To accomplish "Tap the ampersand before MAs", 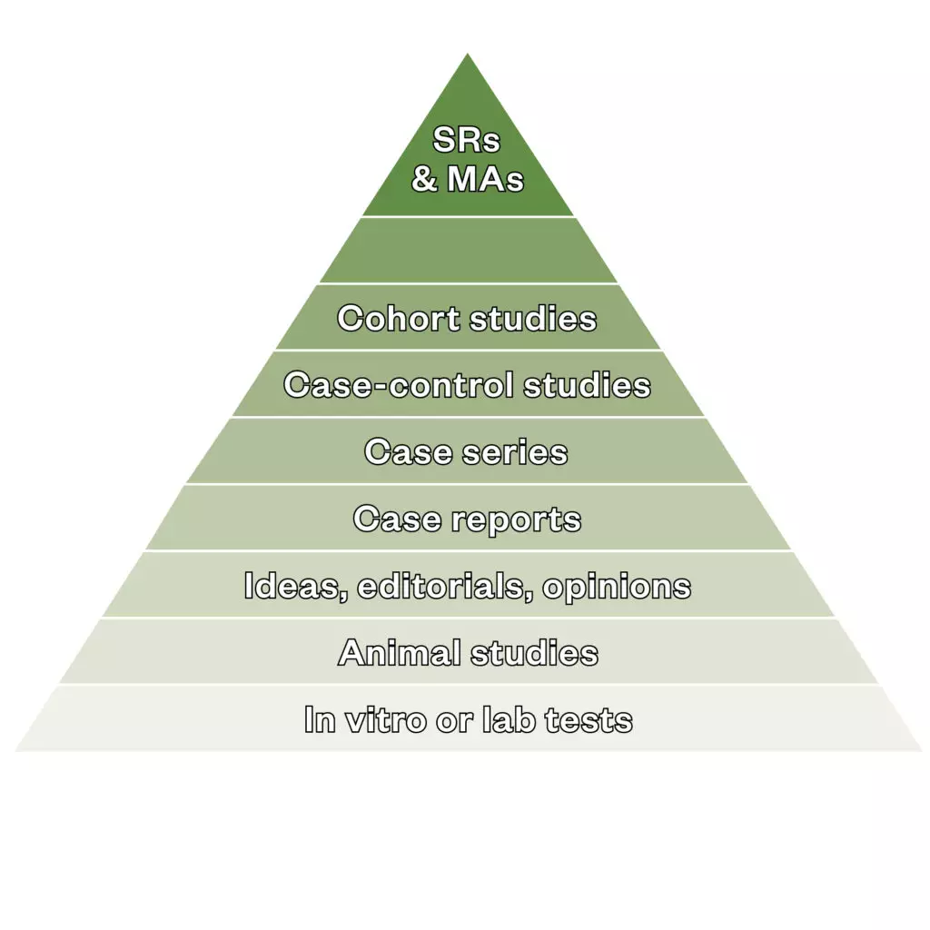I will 424,178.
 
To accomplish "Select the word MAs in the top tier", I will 485,178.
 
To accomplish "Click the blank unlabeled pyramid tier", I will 468,250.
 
